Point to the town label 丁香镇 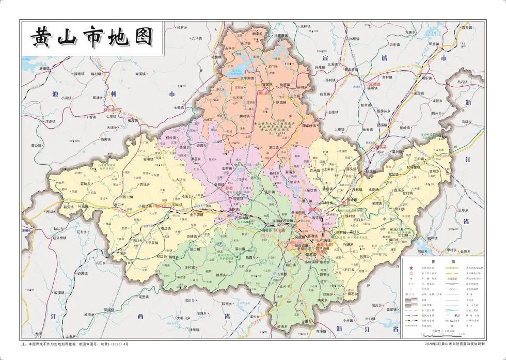click(92, 117)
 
